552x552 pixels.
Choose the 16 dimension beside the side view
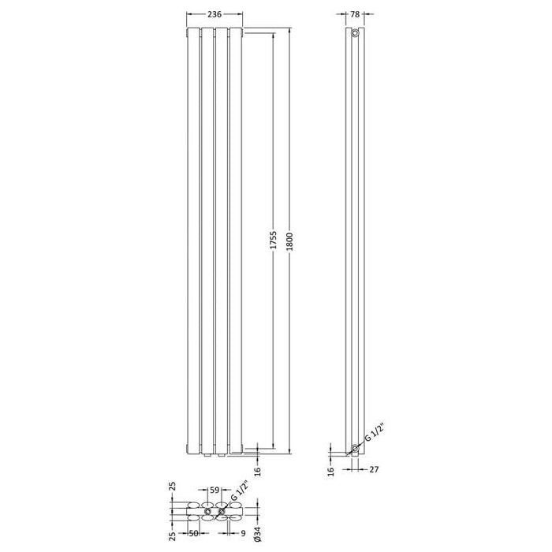(332, 471)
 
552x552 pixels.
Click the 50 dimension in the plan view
(193, 534)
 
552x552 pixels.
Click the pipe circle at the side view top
(356, 35)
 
